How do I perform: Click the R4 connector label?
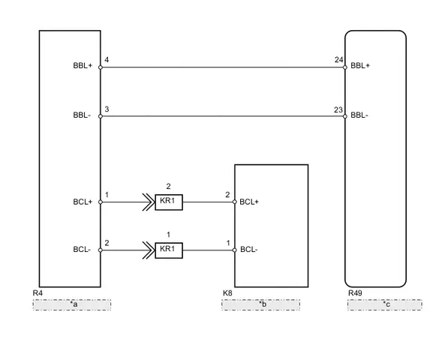tap(38, 293)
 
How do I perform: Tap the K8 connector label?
tap(227, 293)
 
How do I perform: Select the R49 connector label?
tap(355, 293)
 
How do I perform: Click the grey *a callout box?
tap(72, 304)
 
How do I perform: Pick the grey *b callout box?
tap(260, 304)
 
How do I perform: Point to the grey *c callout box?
tap(385, 304)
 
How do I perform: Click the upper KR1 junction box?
tap(169, 202)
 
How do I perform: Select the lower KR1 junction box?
tap(169, 250)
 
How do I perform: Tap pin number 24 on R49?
tap(339, 60)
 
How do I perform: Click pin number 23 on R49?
tap(338, 109)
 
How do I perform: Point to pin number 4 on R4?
tap(107, 60)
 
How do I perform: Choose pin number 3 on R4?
tap(107, 109)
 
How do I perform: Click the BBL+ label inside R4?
tap(83, 66)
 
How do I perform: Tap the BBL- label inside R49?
tap(359, 115)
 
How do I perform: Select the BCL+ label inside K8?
tap(249, 202)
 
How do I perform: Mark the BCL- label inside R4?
tap(82, 250)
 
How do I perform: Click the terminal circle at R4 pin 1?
tap(101, 202)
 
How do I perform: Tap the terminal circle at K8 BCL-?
tap(235, 250)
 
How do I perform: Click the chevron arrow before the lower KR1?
tap(149, 250)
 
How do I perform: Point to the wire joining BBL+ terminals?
tap(223, 67)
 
